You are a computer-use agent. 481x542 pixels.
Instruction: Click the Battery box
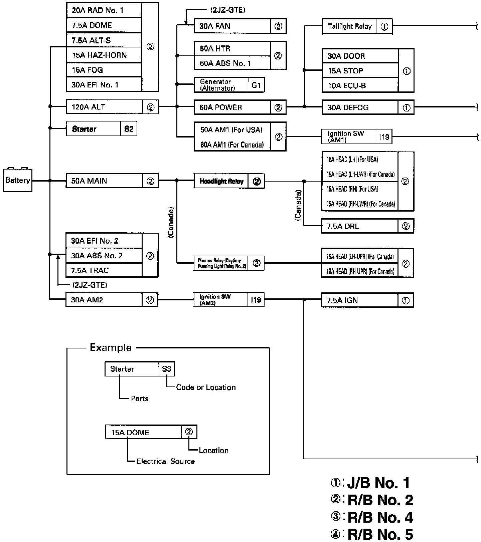pyautogui.click(x=18, y=181)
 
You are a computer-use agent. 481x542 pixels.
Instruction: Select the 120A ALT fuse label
pyautogui.click(x=89, y=107)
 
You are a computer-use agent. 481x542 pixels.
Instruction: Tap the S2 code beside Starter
pyautogui.click(x=129, y=129)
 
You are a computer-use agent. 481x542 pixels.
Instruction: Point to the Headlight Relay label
pyautogui.click(x=221, y=181)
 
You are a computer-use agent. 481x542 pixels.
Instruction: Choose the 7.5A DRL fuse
pyautogui.click(x=343, y=226)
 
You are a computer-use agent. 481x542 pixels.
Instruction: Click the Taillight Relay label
pyautogui.click(x=349, y=26)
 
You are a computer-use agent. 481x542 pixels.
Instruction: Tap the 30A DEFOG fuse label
pyautogui.click(x=348, y=107)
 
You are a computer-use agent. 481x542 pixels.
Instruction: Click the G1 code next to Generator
pyautogui.click(x=256, y=85)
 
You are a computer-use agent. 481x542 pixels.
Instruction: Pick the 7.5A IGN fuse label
pyautogui.click(x=342, y=300)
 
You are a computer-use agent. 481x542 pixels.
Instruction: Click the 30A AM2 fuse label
pyautogui.click(x=87, y=300)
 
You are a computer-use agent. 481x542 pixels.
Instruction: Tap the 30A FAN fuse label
pyautogui.click(x=215, y=26)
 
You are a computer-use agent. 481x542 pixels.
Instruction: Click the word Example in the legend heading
pyautogui.click(x=111, y=348)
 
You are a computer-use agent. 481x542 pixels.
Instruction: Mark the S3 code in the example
pyautogui.click(x=166, y=369)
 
